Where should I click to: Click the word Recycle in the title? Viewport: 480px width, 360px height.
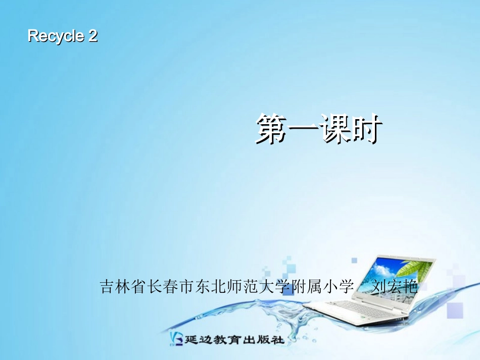56,36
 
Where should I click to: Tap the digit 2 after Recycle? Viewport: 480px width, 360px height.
92,36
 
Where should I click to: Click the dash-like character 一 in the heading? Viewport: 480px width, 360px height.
303,130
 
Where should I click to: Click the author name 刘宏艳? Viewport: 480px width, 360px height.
395,287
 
